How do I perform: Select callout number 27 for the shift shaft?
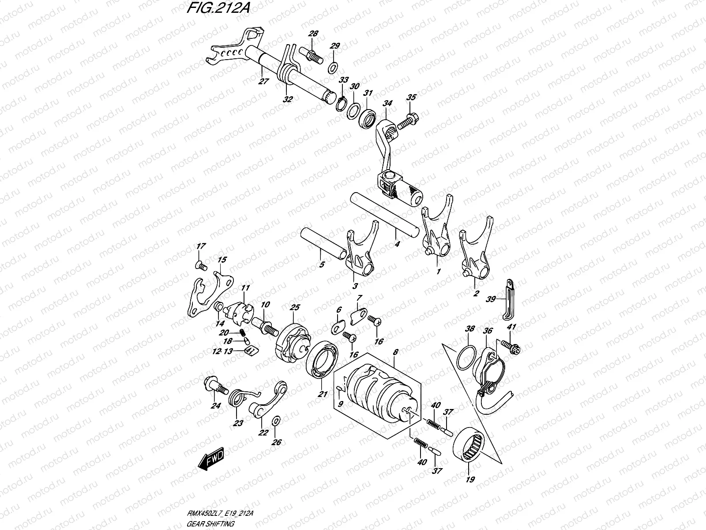pyautogui.click(x=263, y=82)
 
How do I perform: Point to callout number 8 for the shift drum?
pyautogui.click(x=395, y=352)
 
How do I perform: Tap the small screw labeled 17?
pyautogui.click(x=201, y=265)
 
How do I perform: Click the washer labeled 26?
pyautogui.click(x=276, y=420)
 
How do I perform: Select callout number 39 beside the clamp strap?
pyautogui.click(x=490, y=299)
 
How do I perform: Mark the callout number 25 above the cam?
pyautogui.click(x=294, y=307)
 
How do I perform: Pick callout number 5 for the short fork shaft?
pyautogui.click(x=322, y=265)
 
